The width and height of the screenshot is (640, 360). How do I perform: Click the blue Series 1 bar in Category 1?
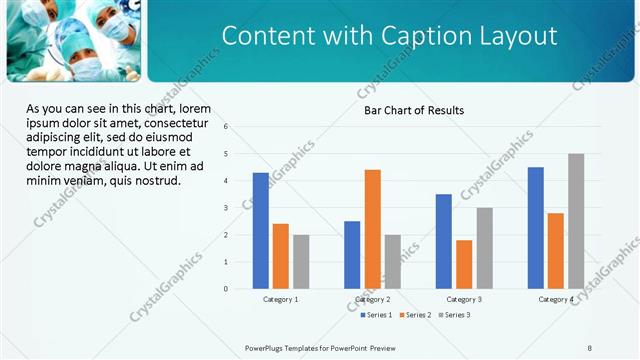(x=261, y=231)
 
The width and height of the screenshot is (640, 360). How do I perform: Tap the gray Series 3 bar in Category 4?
(x=576, y=221)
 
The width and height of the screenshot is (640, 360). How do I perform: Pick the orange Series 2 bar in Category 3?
(x=464, y=264)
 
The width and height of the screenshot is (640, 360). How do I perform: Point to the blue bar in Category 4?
(x=536, y=228)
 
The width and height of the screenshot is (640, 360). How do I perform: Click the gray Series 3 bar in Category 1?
(x=301, y=262)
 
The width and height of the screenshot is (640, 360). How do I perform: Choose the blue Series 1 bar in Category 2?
(x=352, y=255)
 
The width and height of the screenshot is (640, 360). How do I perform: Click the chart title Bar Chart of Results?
(x=413, y=110)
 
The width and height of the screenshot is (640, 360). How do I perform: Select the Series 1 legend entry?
(x=375, y=315)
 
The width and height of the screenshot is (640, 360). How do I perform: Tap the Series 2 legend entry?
(x=415, y=315)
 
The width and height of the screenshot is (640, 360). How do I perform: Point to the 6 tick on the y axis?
(x=227, y=127)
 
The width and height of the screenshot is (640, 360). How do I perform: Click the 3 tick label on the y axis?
(x=227, y=208)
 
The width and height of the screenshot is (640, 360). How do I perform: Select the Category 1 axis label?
(x=281, y=300)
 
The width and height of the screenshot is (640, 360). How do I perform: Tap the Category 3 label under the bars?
(x=464, y=300)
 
